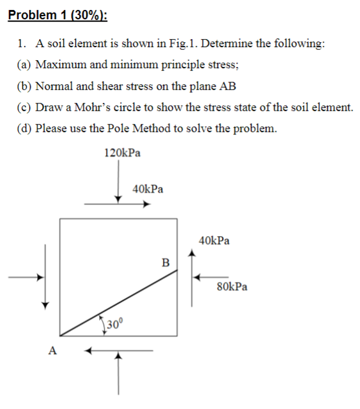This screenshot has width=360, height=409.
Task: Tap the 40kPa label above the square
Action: pyautogui.click(x=148, y=189)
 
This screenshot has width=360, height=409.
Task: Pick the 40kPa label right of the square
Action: pyautogui.click(x=214, y=240)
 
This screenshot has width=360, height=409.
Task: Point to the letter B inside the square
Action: pyautogui.click(x=165, y=262)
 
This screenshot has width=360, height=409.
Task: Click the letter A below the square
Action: pyautogui.click(x=52, y=351)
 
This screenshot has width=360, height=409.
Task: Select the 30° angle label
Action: pyautogui.click(x=115, y=323)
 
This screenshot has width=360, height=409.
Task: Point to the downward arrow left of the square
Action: pyautogui.click(x=44, y=276)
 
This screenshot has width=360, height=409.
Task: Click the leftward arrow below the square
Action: pyautogui.click(x=118, y=351)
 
